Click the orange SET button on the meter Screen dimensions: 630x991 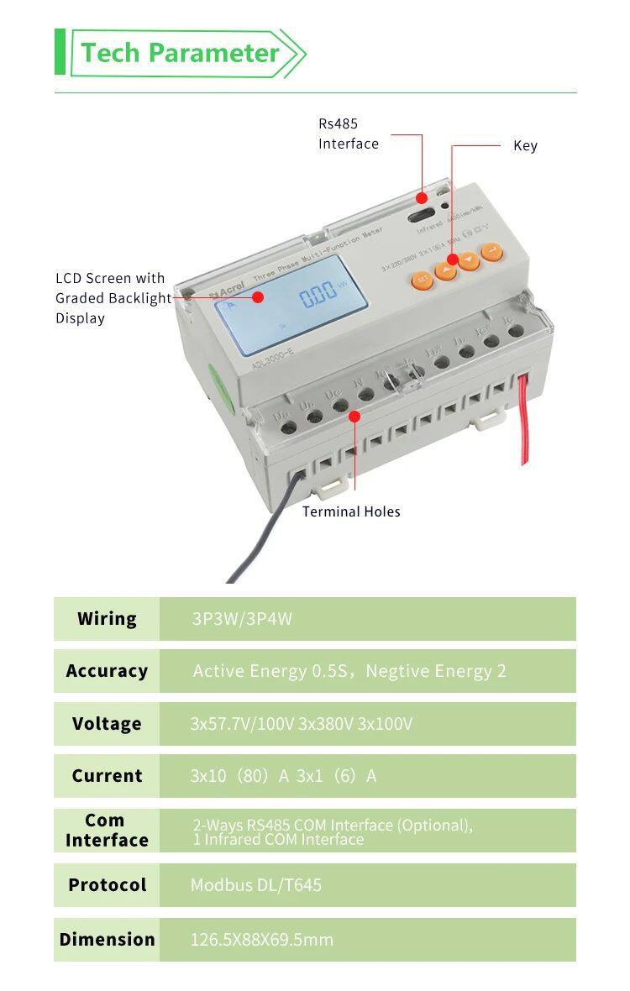[x=423, y=279]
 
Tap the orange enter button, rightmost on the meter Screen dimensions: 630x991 [x=491, y=250]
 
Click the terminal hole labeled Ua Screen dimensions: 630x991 [x=288, y=427]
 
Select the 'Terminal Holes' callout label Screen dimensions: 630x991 [x=351, y=511]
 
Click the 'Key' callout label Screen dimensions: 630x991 [x=525, y=145]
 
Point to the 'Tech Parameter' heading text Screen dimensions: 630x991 [x=180, y=53]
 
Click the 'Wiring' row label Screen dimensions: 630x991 [x=107, y=619]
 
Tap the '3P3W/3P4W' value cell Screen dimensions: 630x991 [x=242, y=619]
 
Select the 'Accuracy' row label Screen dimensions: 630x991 [x=107, y=671]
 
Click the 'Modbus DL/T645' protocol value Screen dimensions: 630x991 [x=255, y=885]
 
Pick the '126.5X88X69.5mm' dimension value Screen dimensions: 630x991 [x=261, y=940]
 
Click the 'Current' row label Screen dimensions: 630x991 [x=107, y=776]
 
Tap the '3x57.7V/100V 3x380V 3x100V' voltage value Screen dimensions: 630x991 [x=301, y=724]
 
